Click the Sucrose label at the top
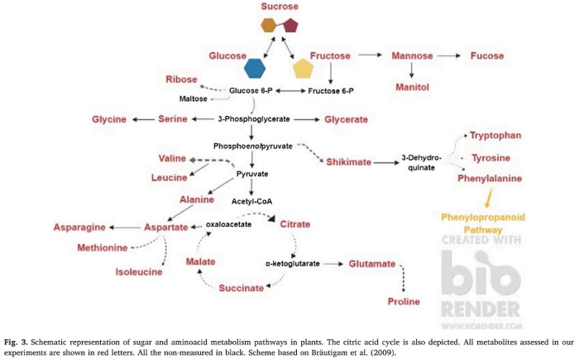tap(280, 7)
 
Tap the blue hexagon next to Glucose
tap(256, 68)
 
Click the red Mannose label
tap(413, 55)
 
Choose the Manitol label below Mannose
tap(416, 84)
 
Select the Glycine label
tap(109, 120)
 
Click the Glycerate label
tap(346, 120)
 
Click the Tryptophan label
tap(495, 135)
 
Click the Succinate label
tap(242, 287)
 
